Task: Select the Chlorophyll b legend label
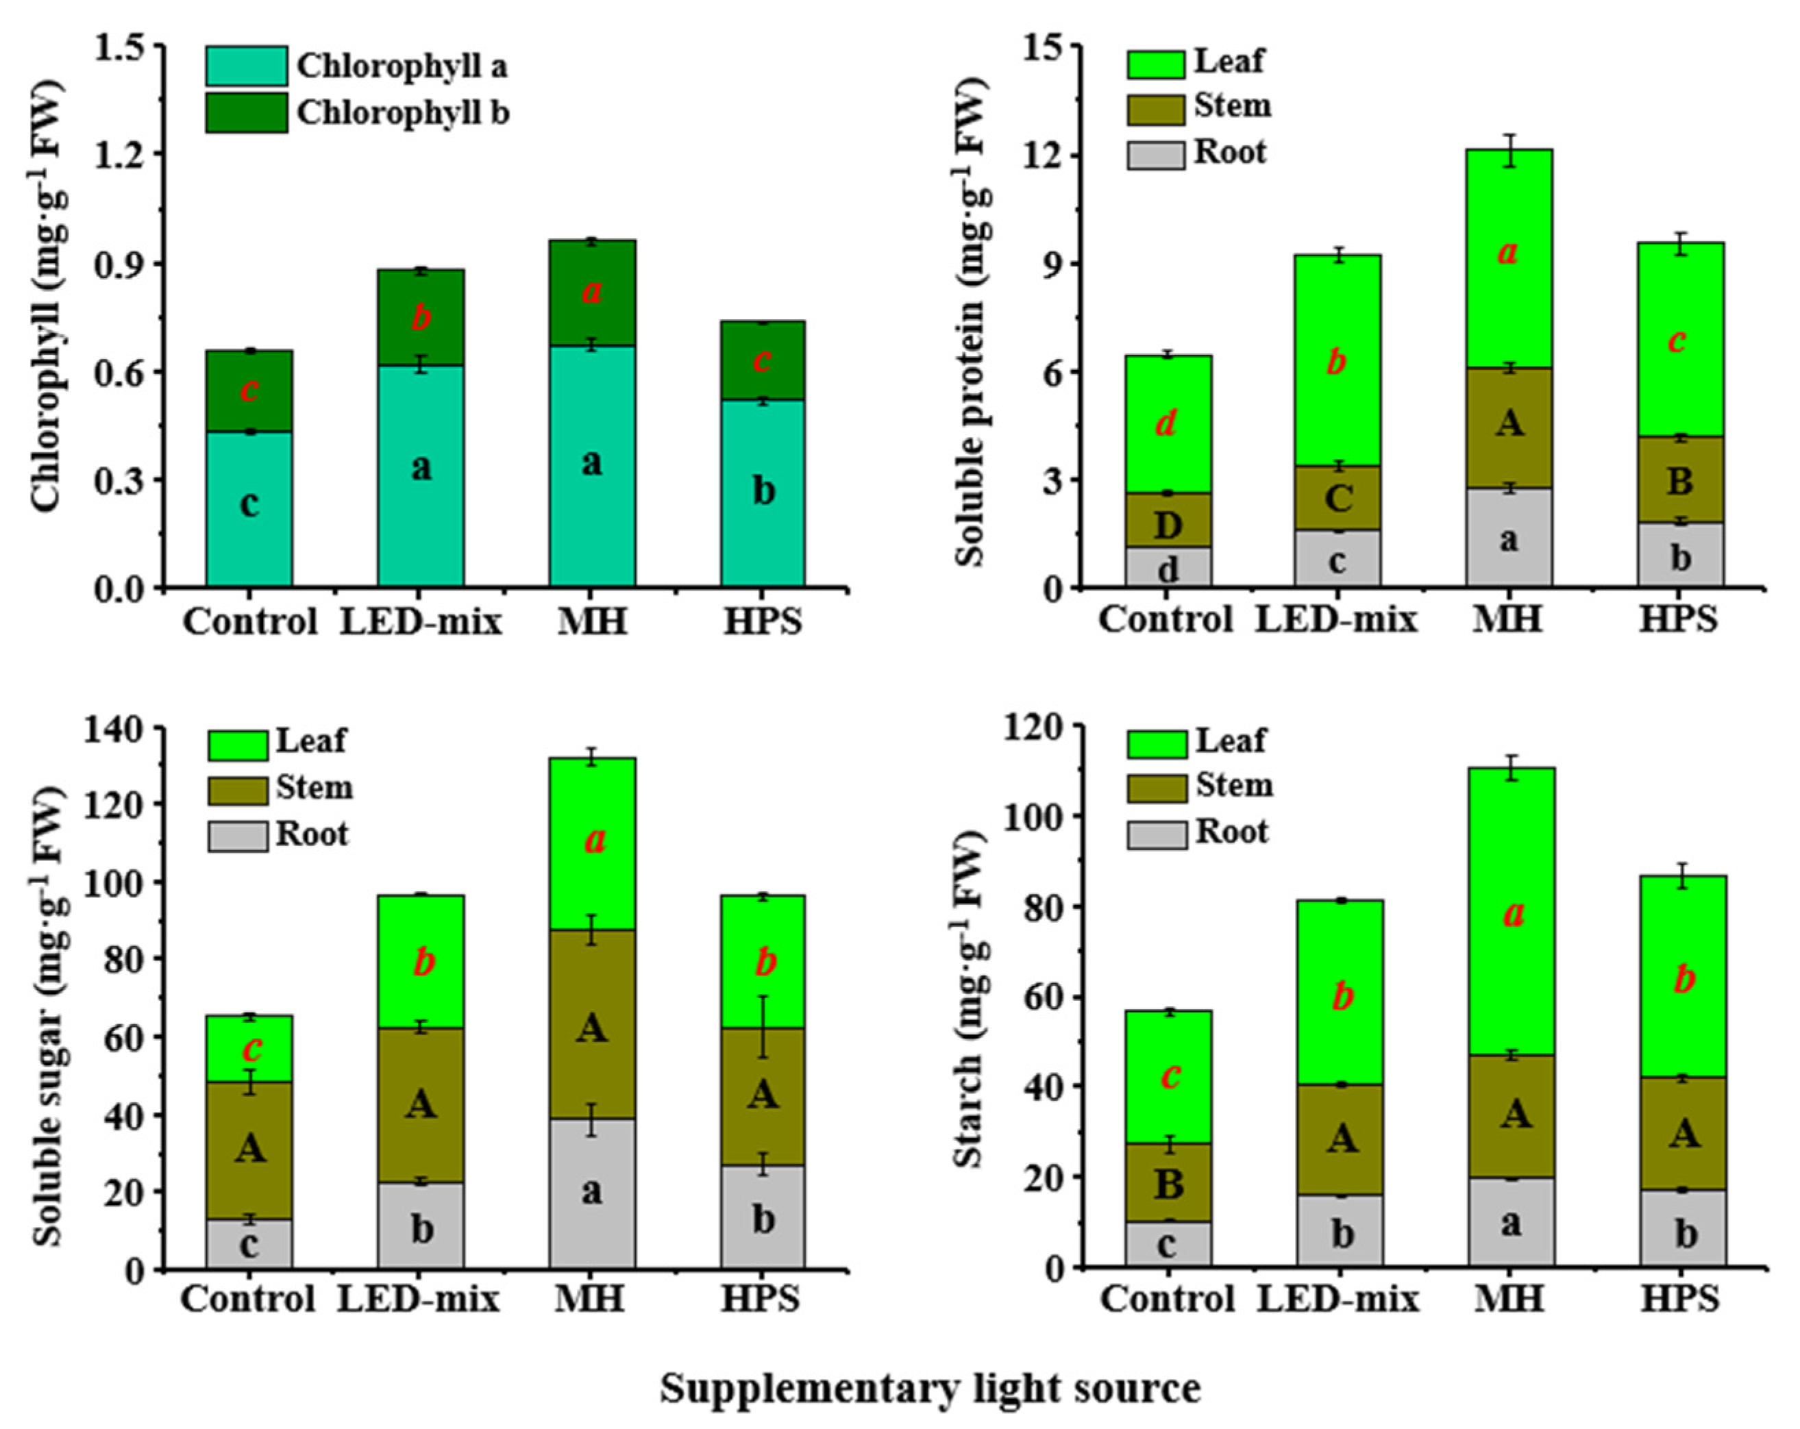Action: pos(402,112)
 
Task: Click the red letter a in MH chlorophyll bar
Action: pos(592,291)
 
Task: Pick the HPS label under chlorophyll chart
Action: pos(761,621)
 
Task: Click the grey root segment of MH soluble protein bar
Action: pos(1509,538)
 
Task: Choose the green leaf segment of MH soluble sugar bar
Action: pos(592,843)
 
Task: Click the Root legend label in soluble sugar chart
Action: pos(311,834)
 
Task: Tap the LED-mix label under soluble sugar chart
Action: pos(417,1299)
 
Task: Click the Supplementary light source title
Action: pos(930,1388)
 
